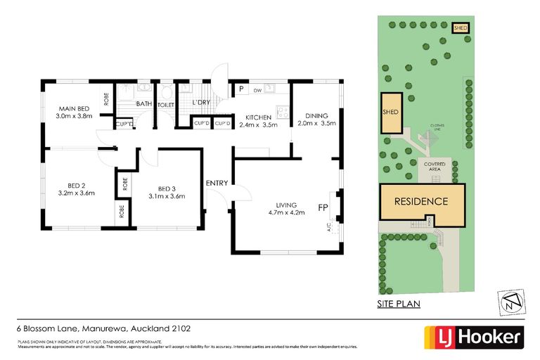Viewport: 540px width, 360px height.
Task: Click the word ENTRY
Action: (217, 184)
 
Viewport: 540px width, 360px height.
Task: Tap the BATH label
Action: (143, 104)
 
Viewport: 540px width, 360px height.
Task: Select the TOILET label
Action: (166, 105)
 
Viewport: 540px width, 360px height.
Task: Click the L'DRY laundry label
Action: (202, 104)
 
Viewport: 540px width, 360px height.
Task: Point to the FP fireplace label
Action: (323, 207)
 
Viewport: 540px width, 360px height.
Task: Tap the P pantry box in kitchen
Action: (240, 89)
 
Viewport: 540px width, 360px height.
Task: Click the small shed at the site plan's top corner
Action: (461, 28)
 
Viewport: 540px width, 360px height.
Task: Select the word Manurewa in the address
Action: (105, 328)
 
